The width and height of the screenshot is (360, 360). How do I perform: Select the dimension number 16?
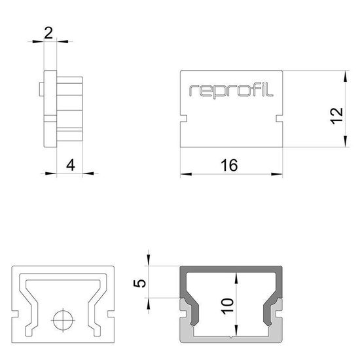[228, 165]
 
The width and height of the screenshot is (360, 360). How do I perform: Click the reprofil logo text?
[231, 90]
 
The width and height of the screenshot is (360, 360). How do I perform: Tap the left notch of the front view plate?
[183, 120]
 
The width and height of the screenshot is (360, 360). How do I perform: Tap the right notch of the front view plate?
[279, 120]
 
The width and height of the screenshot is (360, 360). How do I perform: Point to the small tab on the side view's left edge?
[42, 87]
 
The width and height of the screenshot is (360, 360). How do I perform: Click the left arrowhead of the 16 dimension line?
[184, 174]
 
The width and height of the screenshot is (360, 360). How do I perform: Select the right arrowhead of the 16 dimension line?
[279, 174]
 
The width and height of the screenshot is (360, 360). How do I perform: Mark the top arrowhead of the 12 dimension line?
[344, 74]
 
